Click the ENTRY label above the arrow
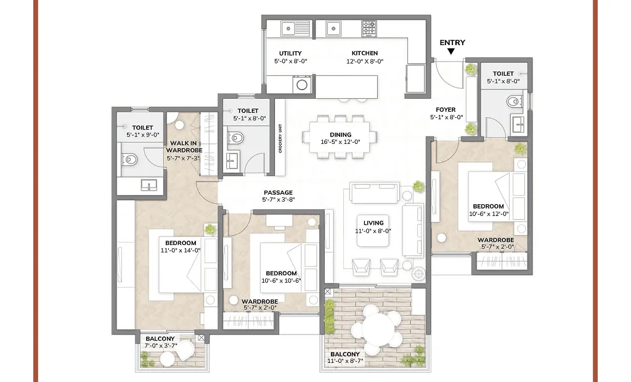click(452, 43)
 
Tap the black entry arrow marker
click(452, 52)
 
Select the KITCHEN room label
click(365, 53)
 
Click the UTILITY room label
click(290, 53)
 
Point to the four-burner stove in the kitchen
click(368, 28)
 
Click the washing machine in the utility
click(301, 85)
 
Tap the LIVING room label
click(373, 223)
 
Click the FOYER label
click(445, 110)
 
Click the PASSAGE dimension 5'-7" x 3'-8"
click(279, 200)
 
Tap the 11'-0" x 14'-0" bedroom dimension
click(181, 250)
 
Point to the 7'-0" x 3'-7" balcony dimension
click(161, 346)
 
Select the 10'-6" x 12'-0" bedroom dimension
click(488, 214)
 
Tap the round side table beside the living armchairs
click(418, 272)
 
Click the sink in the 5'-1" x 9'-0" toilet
click(148, 184)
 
